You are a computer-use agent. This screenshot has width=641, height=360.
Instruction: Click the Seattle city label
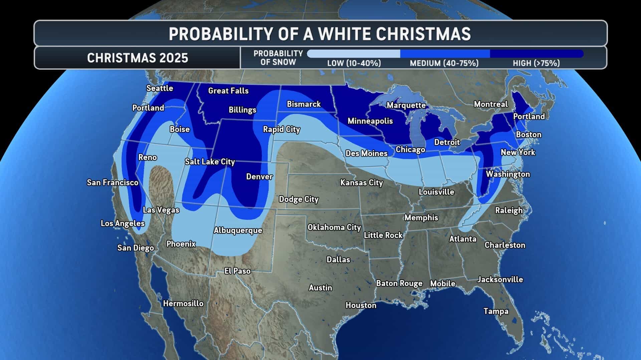click(x=160, y=88)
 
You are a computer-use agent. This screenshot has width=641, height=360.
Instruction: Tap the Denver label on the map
click(x=259, y=177)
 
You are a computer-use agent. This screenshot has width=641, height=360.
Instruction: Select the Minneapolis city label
click(x=370, y=121)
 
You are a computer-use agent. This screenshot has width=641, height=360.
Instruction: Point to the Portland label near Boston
click(x=528, y=116)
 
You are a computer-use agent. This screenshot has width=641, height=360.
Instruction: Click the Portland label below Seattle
click(x=148, y=108)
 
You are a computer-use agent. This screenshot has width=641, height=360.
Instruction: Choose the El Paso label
click(x=237, y=271)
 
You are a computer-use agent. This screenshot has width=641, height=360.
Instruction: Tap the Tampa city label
click(x=496, y=311)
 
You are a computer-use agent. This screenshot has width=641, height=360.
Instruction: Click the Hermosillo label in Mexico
click(x=183, y=303)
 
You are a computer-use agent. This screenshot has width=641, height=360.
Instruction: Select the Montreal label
click(x=490, y=104)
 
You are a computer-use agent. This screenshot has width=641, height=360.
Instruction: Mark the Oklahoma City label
click(x=334, y=227)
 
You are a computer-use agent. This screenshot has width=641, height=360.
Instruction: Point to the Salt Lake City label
click(x=210, y=162)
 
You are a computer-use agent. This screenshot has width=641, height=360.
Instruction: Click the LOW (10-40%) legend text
click(x=354, y=63)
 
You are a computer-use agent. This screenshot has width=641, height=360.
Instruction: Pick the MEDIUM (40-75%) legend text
click(x=444, y=63)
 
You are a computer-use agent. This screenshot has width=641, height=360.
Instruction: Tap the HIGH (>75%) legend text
click(x=536, y=63)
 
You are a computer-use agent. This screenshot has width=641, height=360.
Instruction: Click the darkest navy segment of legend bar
click(x=536, y=54)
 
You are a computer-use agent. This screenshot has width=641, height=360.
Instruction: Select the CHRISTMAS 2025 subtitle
click(x=138, y=58)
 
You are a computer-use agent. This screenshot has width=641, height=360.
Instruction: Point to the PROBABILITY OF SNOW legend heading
click(x=278, y=58)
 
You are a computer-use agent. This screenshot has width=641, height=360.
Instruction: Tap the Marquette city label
click(x=406, y=105)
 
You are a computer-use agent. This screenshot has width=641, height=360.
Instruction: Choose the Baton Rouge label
click(x=399, y=283)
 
